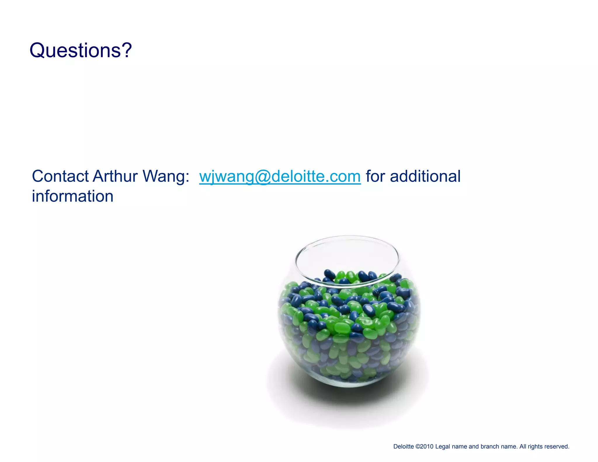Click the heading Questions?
tap(81, 50)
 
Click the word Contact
tap(60, 176)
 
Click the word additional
tap(425, 176)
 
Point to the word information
tap(72, 196)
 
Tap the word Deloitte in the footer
tap(403, 447)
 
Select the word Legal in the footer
tap(443, 447)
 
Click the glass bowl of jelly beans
tap(349, 327)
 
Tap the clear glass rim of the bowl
tap(347, 237)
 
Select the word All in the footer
tap(523, 447)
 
